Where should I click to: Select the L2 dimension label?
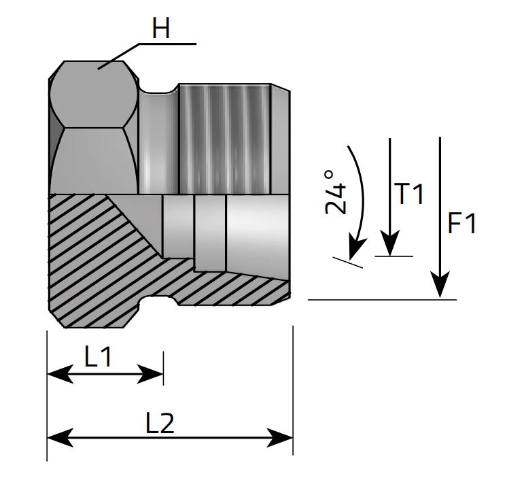pos(160,424)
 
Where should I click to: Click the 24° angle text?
pos(336,192)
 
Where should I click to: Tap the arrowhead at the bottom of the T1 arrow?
pos(389,245)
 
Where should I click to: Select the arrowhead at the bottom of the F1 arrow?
pos(441,286)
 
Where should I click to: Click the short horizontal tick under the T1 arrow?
pos(394,256)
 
